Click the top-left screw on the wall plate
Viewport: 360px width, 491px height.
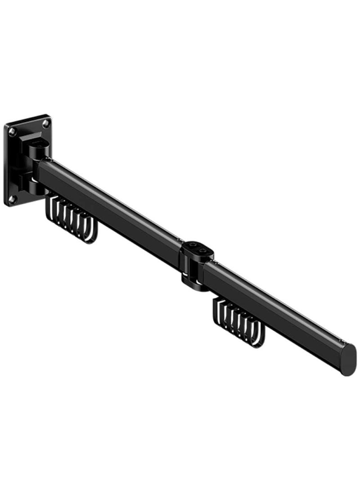pos(12,131)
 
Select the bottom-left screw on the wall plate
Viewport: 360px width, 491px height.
pos(13,198)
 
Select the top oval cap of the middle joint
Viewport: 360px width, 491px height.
pos(197,248)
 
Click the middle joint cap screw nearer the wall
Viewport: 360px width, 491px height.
pos(193,246)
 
